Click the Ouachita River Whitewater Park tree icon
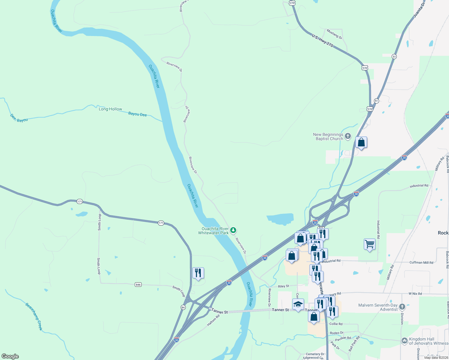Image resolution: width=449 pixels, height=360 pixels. pyautogui.click(x=233, y=230)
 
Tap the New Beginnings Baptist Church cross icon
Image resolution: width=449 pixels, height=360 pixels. pyautogui.click(x=348, y=136)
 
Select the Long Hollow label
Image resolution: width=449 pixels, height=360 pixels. pyautogui.click(x=110, y=109)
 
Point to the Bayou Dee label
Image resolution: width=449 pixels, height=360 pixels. pyautogui.click(x=137, y=114)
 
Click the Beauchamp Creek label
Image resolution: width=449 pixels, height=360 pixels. pyautogui.click(x=34, y=316)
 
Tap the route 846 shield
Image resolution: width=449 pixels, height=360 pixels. pyautogui.click(x=138, y=284)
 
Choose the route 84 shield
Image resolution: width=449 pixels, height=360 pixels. pyautogui.click(x=183, y=307)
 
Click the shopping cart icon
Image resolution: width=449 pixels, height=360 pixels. pyautogui.click(x=369, y=244)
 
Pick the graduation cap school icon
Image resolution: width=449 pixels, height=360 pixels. pyautogui.click(x=298, y=305)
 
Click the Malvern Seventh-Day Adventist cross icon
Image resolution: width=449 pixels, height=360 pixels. pyautogui.click(x=402, y=307)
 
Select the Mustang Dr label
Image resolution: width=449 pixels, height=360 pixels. pyautogui.click(x=334, y=34)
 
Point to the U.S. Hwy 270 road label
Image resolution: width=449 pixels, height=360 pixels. pyautogui.click(x=322, y=40)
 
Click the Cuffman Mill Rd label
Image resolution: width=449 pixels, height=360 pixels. pyautogui.click(x=421, y=262)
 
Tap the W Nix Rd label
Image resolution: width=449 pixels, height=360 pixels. pyautogui.click(x=415, y=294)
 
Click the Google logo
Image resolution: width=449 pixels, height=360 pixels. pyautogui.click(x=10, y=356)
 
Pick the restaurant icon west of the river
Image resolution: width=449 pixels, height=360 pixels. pyautogui.click(x=198, y=273)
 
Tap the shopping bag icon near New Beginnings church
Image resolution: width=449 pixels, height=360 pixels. pyautogui.click(x=361, y=142)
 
